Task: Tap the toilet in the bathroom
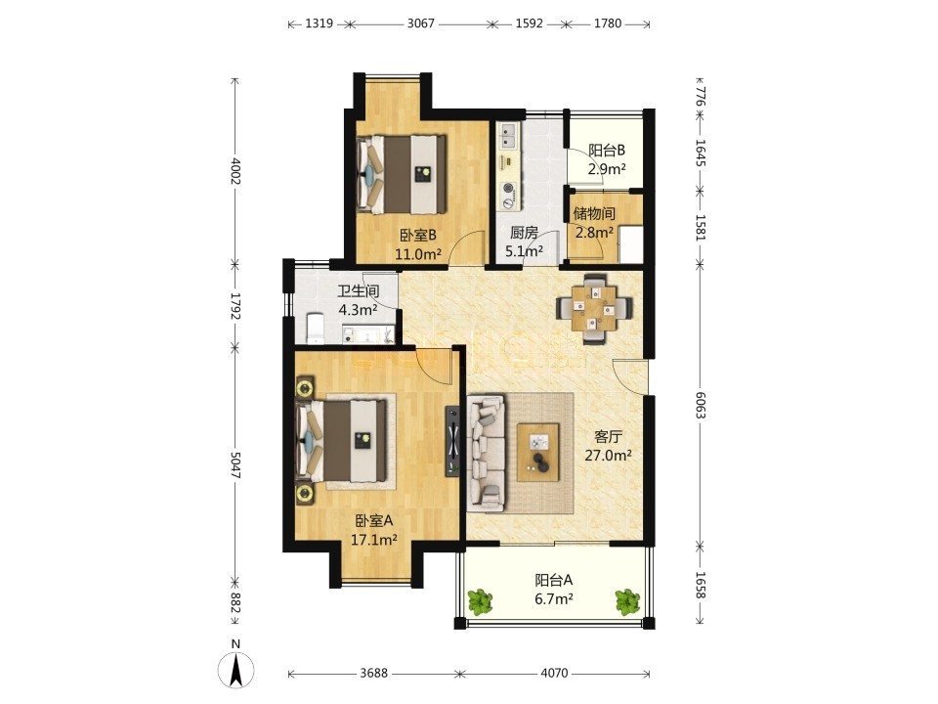[315, 329]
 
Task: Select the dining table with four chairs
[594, 308]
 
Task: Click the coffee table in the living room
[538, 452]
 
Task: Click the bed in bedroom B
[402, 174]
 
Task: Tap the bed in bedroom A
[341, 441]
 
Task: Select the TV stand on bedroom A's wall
[452, 441]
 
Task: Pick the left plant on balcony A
[480, 601]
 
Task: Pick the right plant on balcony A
[627, 601]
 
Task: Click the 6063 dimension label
[701, 405]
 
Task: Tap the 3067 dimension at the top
[420, 23]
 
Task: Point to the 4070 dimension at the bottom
[554, 674]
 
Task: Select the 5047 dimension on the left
[235, 464]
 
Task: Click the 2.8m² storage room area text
[595, 233]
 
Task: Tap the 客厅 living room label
[609, 436]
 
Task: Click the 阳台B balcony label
[607, 151]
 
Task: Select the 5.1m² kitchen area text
[524, 251]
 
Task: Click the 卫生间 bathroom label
[358, 291]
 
